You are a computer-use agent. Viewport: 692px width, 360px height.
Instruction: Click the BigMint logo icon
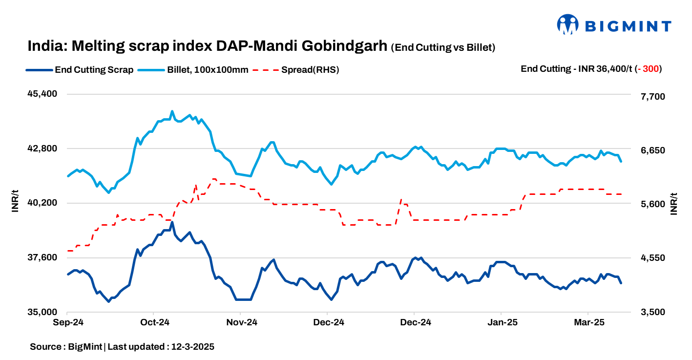(568, 24)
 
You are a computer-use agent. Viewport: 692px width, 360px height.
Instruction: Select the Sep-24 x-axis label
(67, 322)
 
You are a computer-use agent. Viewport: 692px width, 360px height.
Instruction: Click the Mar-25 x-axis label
(588, 322)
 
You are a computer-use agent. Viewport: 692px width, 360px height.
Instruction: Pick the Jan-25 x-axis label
(502, 322)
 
